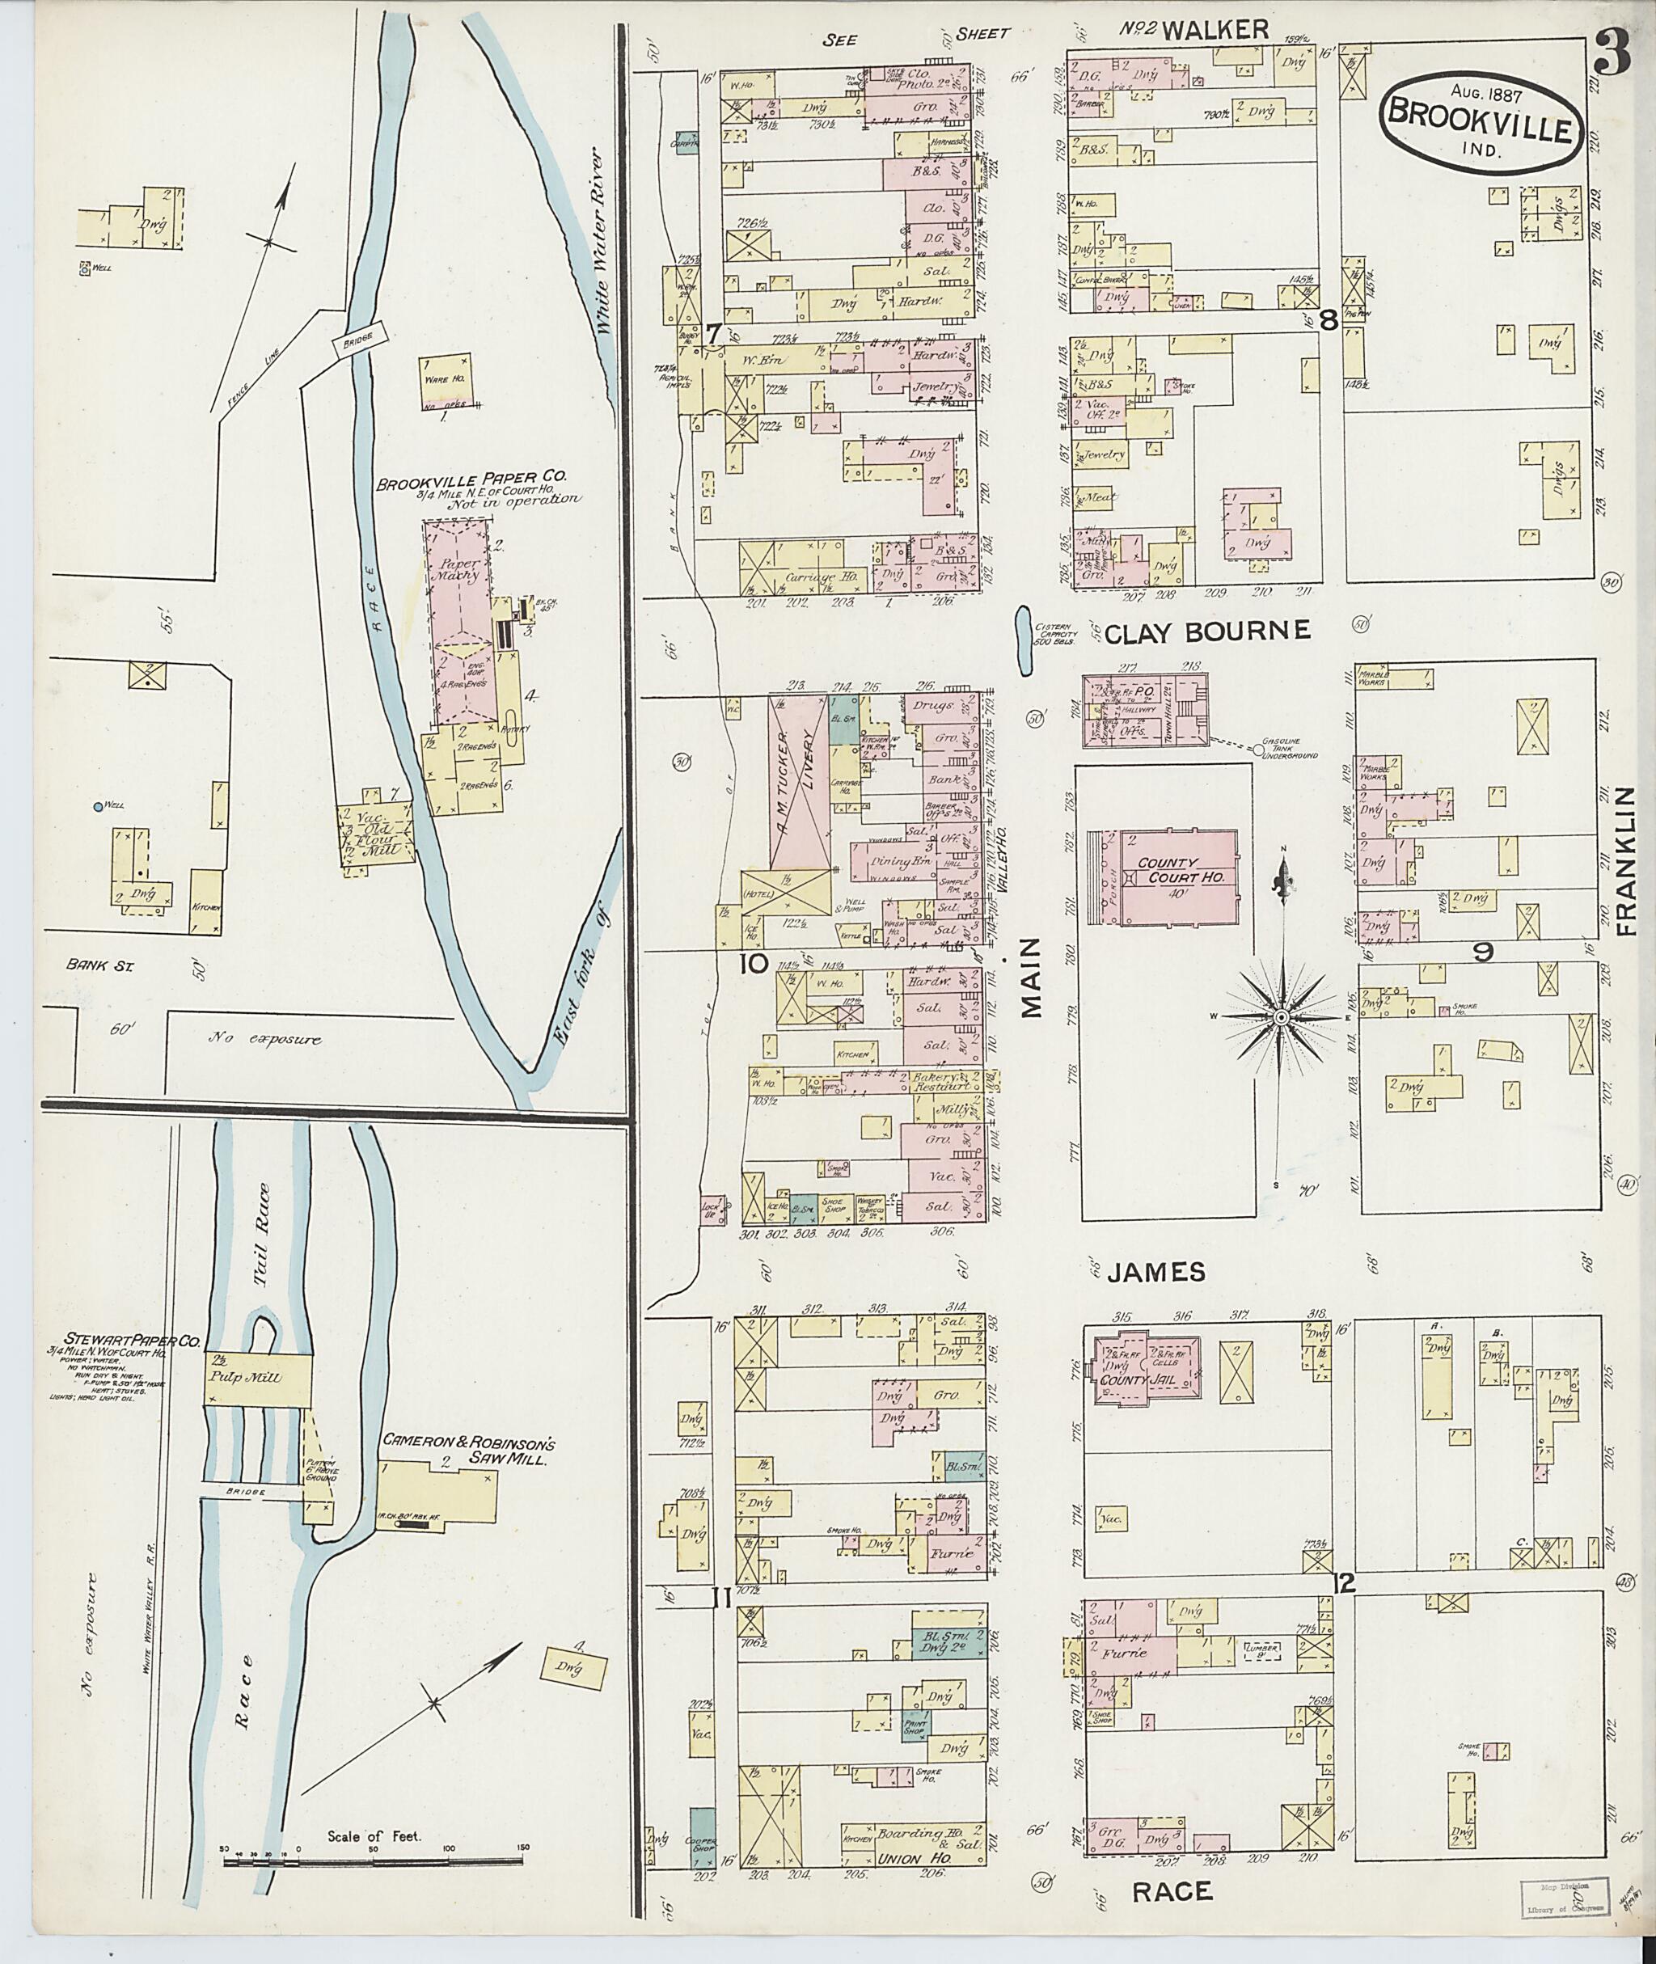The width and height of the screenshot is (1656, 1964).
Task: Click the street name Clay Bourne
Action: coord(1206,631)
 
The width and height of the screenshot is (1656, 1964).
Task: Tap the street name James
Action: coord(1155,1271)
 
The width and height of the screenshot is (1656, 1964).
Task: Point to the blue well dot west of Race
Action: coord(98,805)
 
